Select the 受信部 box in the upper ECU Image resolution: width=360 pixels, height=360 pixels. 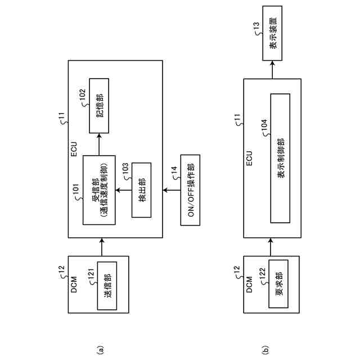(x=99, y=190)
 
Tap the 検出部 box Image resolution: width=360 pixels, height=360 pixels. (x=142, y=190)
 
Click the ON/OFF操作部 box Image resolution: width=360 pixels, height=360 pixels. (x=191, y=190)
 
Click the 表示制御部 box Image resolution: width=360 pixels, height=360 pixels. (x=280, y=158)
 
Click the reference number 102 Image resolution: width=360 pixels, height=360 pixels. (x=82, y=96)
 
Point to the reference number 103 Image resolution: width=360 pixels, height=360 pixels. (x=125, y=169)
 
